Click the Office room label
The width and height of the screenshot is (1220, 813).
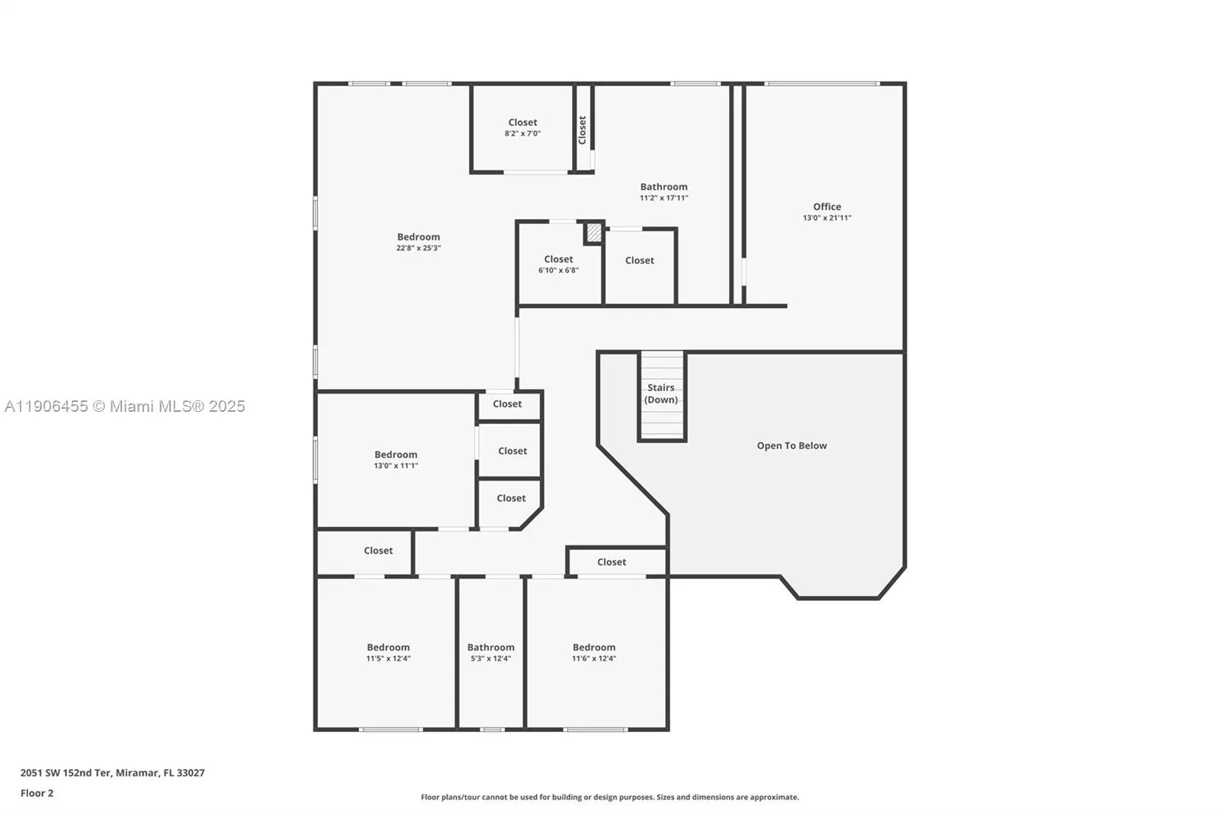827,207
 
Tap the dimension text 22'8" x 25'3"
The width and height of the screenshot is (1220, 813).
418,248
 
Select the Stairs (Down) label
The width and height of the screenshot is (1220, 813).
660,394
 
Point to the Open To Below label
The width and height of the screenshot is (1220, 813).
791,445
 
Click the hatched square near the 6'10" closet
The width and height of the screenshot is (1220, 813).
593,233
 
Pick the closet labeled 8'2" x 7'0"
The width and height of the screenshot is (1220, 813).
522,127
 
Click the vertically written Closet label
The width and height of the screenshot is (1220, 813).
582,130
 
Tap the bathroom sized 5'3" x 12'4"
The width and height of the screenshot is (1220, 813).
490,652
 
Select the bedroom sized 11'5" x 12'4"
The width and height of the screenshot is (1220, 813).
388,652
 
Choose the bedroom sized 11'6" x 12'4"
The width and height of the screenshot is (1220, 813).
594,652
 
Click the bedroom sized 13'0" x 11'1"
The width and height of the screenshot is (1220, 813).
396,459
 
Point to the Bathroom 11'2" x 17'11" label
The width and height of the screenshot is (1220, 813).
663,191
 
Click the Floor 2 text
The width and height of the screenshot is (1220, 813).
37,793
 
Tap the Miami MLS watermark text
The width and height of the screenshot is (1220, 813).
125,406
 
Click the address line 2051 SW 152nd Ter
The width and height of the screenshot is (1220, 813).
112,773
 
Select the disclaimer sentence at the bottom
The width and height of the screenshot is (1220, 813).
609,797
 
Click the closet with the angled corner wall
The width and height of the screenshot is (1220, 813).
511,499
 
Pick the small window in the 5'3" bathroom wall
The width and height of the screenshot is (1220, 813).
492,730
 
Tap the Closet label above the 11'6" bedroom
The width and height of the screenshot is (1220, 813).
612,562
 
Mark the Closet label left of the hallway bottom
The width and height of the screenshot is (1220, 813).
378,551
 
